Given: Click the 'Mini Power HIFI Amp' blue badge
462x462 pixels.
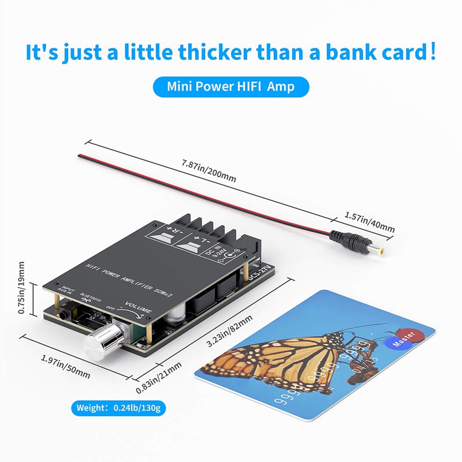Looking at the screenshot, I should coord(231,87).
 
